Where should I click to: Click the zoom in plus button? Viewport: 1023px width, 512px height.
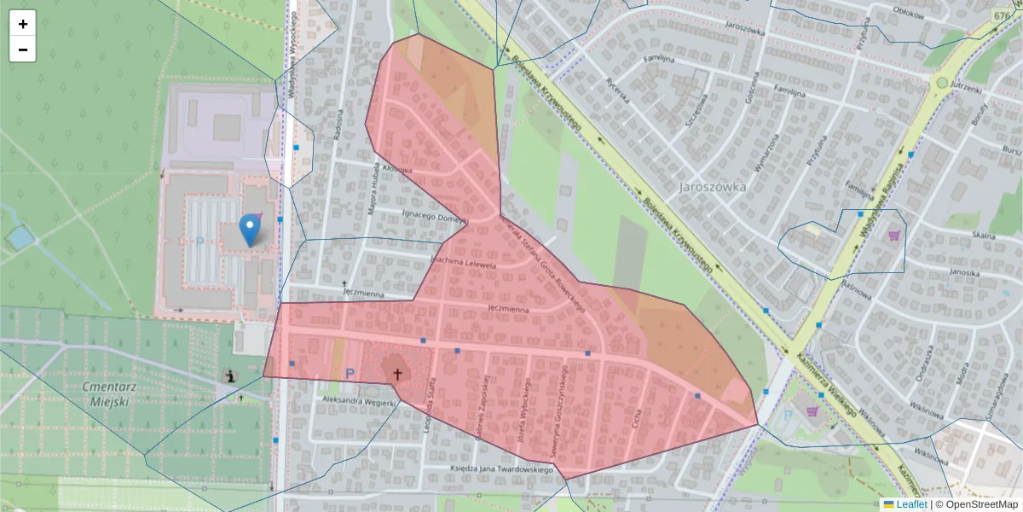[x=23, y=24]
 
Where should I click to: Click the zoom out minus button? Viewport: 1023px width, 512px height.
[x=23, y=49]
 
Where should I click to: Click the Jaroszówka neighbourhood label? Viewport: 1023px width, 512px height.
[x=713, y=187]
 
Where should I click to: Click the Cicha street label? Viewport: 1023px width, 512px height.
[x=636, y=417]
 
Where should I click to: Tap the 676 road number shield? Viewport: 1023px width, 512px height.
[x=1003, y=15]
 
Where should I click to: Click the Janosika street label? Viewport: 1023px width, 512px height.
[x=961, y=273]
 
